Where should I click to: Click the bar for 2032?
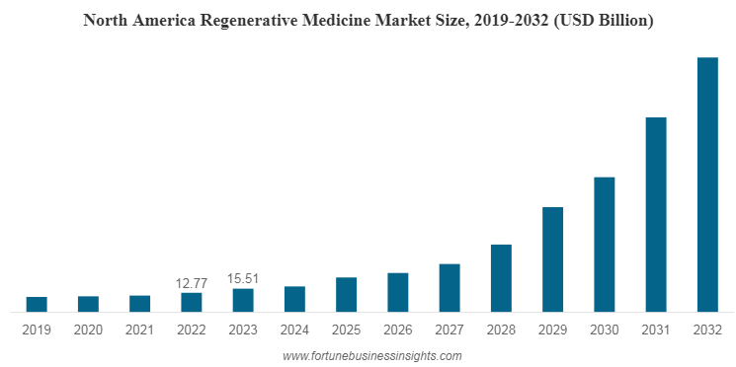pyautogui.click(x=707, y=184)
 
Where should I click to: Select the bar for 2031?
pyautogui.click(x=656, y=214)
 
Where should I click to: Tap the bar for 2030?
pyautogui.click(x=605, y=245)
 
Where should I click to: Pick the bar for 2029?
pyautogui.click(x=553, y=259)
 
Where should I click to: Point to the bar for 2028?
pyautogui.click(x=501, y=278)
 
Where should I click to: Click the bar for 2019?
pyautogui.click(x=37, y=304)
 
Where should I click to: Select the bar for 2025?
pyautogui.click(x=346, y=295)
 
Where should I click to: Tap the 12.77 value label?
pyautogui.click(x=192, y=283)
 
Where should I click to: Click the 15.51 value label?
pyautogui.click(x=243, y=279)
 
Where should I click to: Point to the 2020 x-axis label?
pyautogui.click(x=88, y=330)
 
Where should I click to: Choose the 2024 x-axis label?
pyautogui.click(x=294, y=330)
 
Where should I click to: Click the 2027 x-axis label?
pyautogui.click(x=450, y=330)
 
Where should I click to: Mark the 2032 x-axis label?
pyautogui.click(x=707, y=330)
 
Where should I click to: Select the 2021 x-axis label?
pyautogui.click(x=139, y=330)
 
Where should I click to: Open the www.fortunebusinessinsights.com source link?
pyautogui.click(x=371, y=355)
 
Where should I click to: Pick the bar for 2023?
pyautogui.click(x=243, y=300)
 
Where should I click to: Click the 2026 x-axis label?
pyautogui.click(x=398, y=330)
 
